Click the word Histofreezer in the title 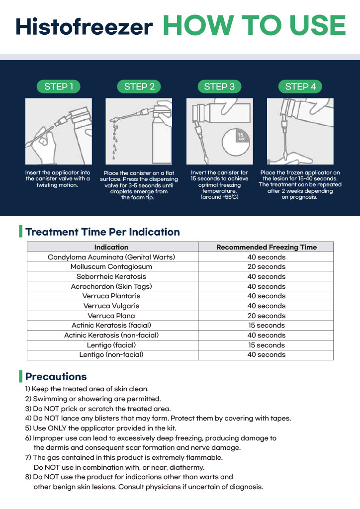[84, 27]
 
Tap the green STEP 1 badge [59, 86]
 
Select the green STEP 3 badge [219, 86]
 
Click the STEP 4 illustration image [300, 131]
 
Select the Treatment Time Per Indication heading [102, 232]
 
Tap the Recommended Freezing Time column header [266, 247]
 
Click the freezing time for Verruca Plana [266, 316]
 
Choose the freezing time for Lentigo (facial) [266, 345]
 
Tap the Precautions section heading [56, 376]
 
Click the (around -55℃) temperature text [219, 197]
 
